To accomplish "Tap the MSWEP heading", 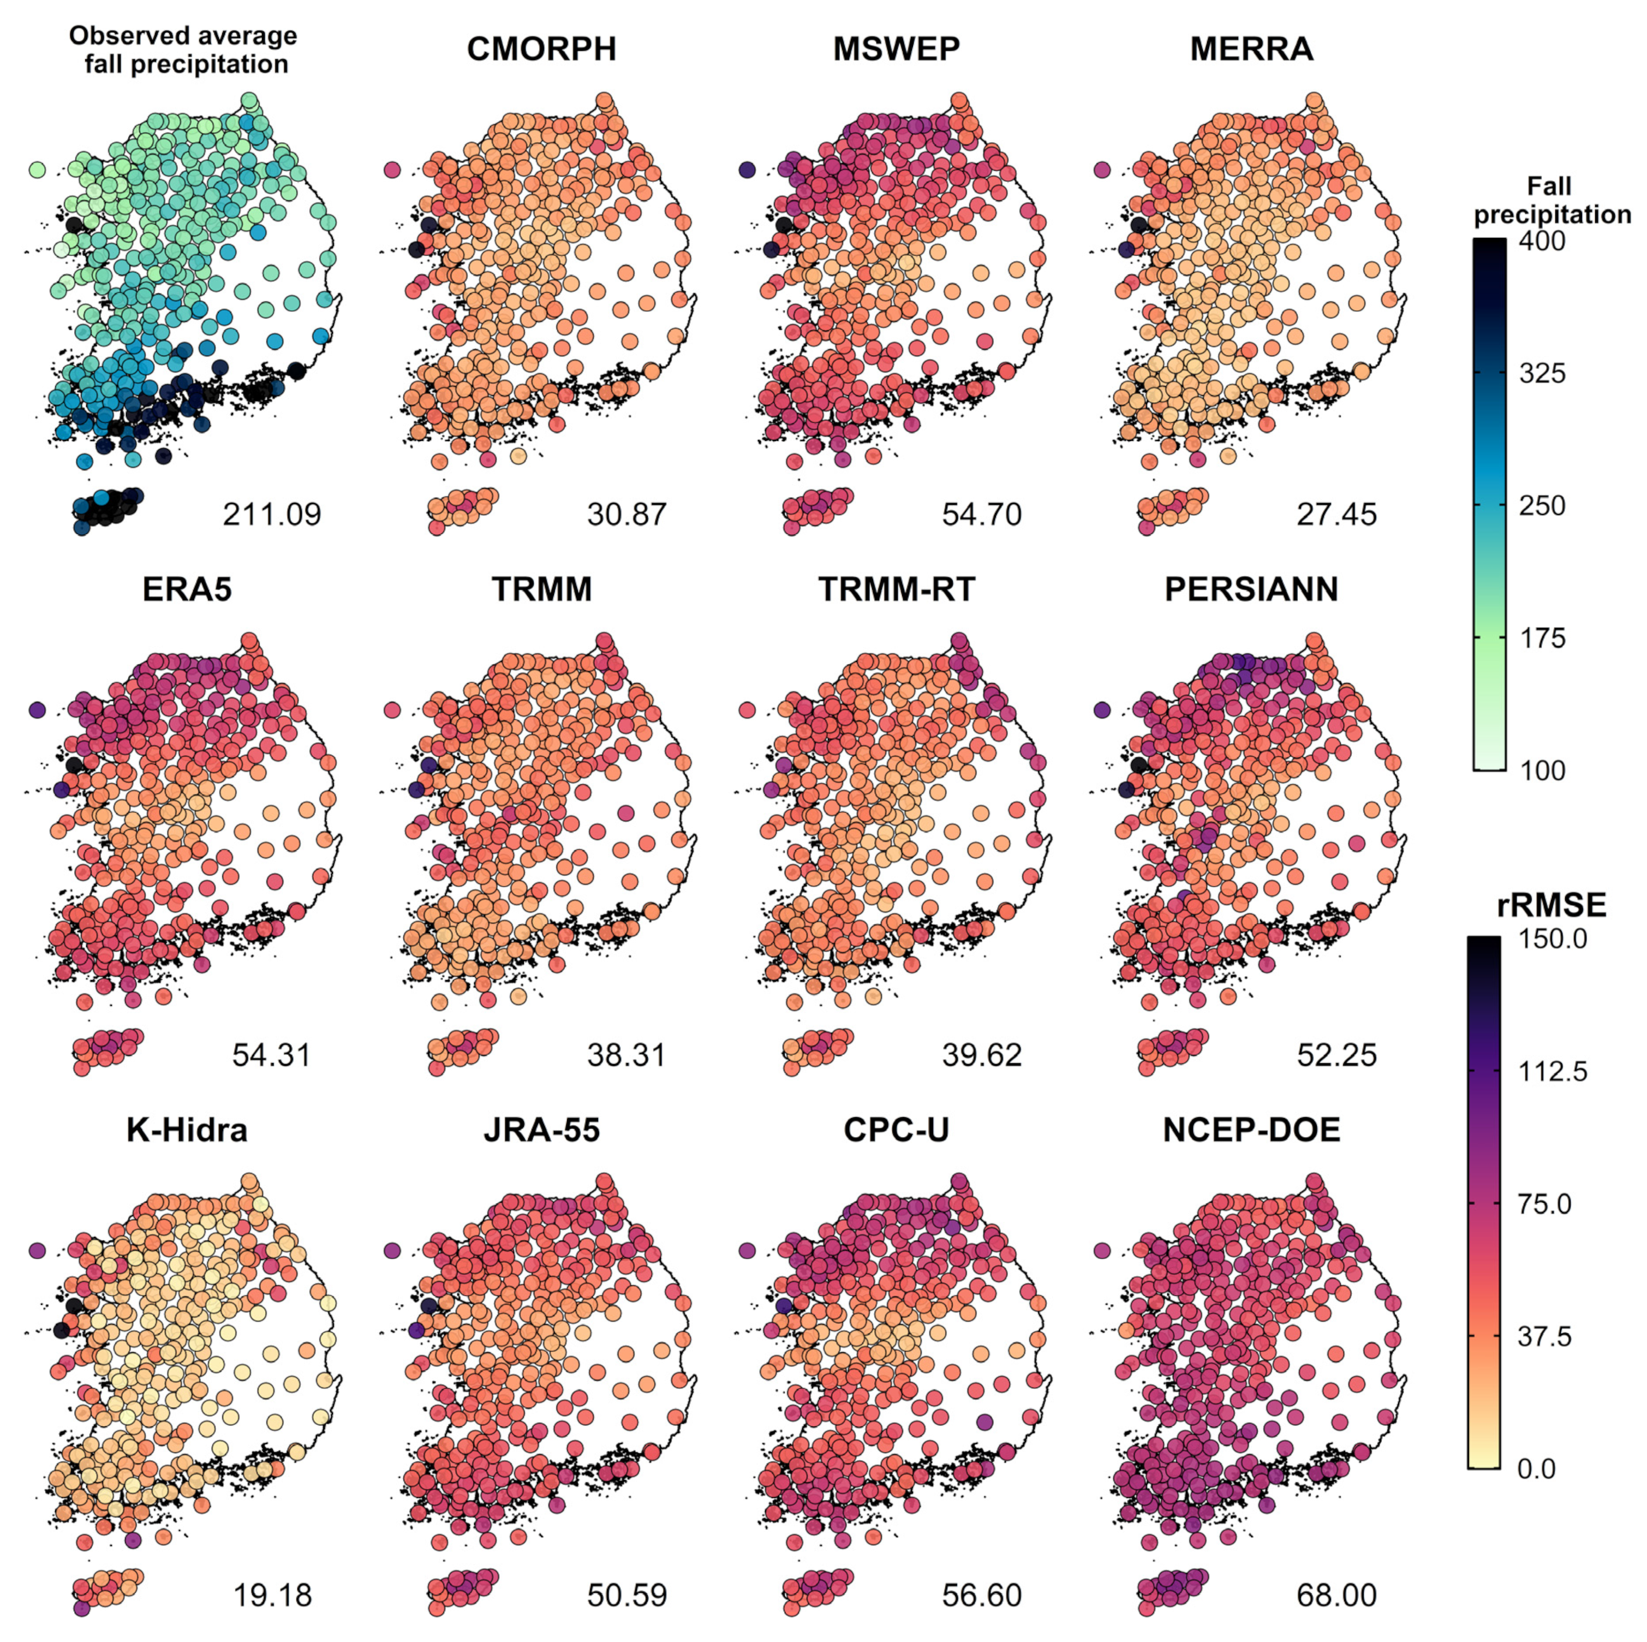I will coord(896,50).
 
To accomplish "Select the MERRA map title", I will coord(1251,50).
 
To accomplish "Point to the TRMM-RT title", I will coord(896,590).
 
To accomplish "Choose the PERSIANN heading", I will coord(1251,590).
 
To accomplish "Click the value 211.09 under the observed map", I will coord(272,515).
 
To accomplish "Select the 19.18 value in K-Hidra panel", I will coord(272,1595).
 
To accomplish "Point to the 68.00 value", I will coord(1336,1595).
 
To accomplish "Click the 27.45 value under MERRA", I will coord(1336,515).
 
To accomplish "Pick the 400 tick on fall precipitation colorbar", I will coord(1543,241).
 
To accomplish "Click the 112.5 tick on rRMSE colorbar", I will coord(1553,1072).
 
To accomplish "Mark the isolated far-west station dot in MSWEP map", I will coord(747,170).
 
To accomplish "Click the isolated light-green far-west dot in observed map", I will coord(37,170).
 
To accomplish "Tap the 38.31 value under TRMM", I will coord(626,1055).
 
